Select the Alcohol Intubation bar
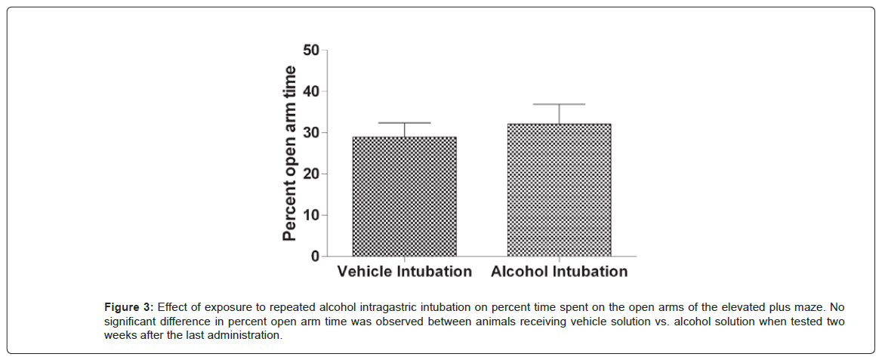559,190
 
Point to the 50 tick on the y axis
310,51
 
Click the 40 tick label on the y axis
310,91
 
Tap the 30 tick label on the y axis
310,133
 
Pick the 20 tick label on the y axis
310,174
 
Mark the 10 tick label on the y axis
310,215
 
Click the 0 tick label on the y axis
314,257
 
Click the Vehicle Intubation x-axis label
404,272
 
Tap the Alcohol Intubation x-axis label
559,272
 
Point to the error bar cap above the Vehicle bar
404,122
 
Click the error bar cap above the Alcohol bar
559,104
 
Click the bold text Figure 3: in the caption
129,308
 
